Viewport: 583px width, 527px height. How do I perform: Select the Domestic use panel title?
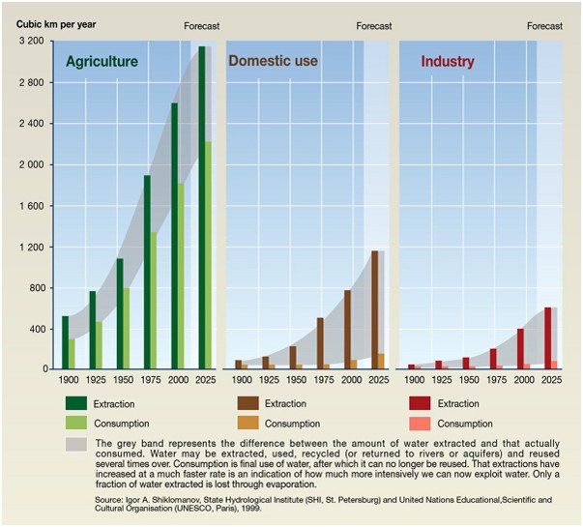tap(273, 62)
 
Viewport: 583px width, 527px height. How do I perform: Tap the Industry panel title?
tap(448, 62)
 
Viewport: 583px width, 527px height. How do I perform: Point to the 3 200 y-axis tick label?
tap(32, 42)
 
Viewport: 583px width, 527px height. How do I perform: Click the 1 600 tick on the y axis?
tap(32, 206)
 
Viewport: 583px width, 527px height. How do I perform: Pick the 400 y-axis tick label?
tap(38, 329)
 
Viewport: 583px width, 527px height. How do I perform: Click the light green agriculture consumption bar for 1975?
tap(153, 300)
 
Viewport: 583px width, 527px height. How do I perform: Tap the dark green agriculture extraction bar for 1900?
tap(66, 342)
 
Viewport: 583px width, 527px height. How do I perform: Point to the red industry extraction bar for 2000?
tap(520, 348)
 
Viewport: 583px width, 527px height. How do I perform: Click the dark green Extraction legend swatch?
tap(76, 402)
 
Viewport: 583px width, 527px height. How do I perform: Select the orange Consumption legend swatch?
tap(248, 423)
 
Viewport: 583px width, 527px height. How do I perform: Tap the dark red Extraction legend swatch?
tap(420, 402)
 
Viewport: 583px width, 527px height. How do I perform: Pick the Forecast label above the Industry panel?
tap(544, 26)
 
